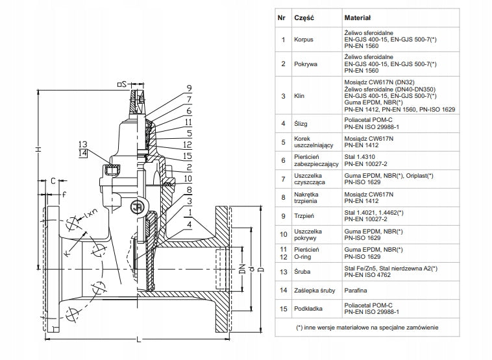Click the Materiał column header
click(x=358, y=18)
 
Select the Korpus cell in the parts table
click(x=303, y=40)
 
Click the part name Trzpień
click(x=304, y=216)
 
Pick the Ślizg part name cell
click(x=301, y=123)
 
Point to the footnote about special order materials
click(x=367, y=328)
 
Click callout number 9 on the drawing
click(x=189, y=88)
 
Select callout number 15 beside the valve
click(x=187, y=156)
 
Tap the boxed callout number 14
click(x=83, y=153)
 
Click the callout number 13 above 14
click(x=83, y=145)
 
